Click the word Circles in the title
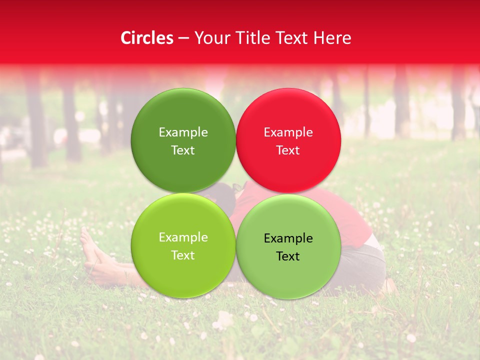tap(147, 38)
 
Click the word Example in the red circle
tap(288, 132)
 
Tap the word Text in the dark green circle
tap(183, 150)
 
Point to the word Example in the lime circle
tap(183, 237)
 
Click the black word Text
tap(288, 256)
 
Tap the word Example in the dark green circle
tap(183, 132)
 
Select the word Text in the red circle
tap(288, 150)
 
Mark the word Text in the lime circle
tap(183, 255)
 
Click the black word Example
tap(288, 238)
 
